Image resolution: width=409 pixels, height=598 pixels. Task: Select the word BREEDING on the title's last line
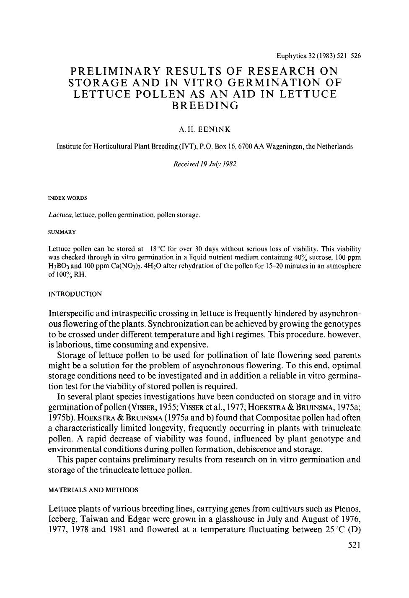(x=205, y=105)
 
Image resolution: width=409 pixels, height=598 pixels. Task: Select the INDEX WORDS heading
(x=67, y=198)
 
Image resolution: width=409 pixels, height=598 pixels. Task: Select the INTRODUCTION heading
(x=75, y=294)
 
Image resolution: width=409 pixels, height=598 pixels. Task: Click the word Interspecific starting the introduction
(x=73, y=313)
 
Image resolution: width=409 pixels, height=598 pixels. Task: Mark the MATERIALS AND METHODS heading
(x=93, y=490)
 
